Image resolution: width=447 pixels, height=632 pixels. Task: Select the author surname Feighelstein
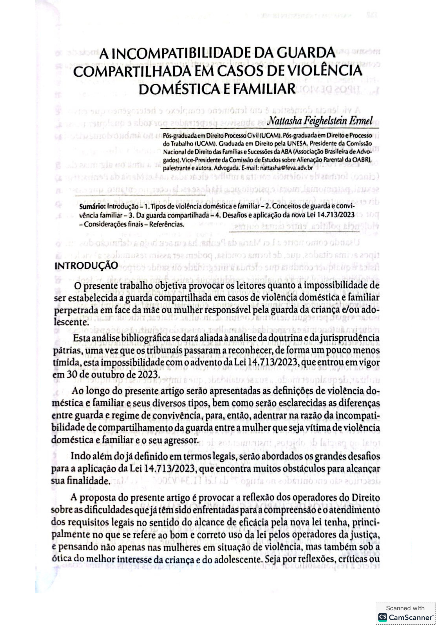324,120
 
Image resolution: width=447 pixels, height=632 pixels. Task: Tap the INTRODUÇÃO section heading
86,265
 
